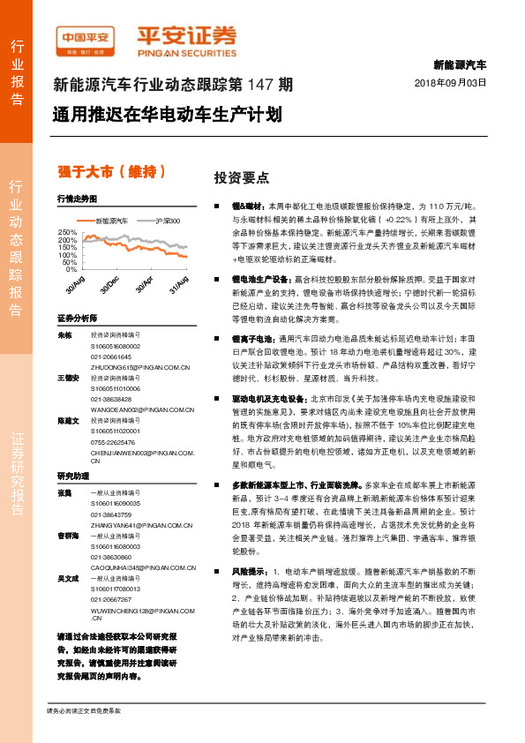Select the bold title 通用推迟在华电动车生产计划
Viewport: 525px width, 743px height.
click(x=166, y=115)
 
